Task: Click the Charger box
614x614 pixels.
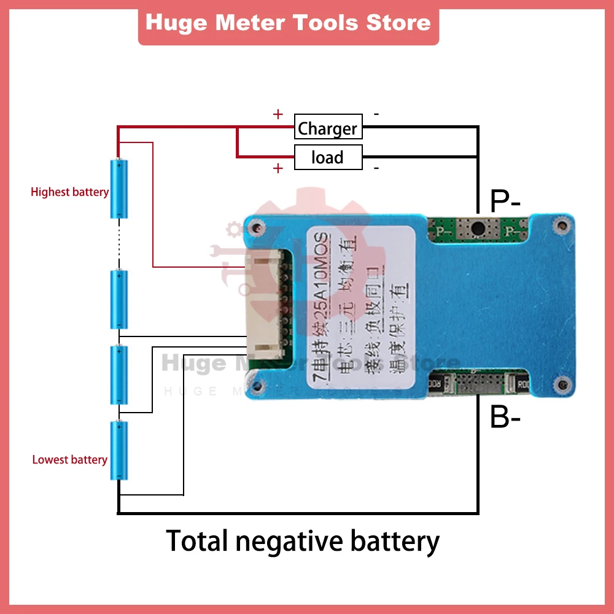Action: click(328, 128)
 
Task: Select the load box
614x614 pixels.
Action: click(328, 157)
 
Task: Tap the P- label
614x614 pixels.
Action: click(505, 200)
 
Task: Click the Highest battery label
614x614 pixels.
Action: click(69, 192)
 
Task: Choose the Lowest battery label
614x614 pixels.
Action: click(69, 460)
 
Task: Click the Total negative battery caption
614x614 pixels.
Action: click(303, 542)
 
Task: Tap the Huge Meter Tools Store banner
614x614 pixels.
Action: click(289, 23)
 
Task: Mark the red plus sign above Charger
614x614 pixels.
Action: click(278, 114)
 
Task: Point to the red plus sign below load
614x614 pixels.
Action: click(278, 169)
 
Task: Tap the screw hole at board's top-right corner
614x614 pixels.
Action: click(559, 226)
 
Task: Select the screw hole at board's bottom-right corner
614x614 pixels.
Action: click(559, 384)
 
